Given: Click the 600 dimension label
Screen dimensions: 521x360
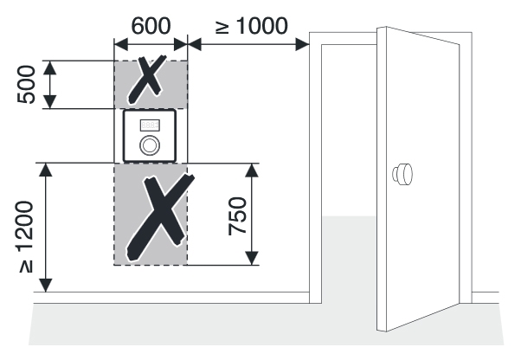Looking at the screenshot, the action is [151, 26].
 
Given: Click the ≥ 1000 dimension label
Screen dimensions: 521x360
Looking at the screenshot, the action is [252, 26].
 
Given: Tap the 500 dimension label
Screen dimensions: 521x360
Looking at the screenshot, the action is [26, 85].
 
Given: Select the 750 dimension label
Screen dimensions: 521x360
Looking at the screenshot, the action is [238, 216].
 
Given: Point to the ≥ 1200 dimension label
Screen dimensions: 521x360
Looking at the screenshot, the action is [26, 237].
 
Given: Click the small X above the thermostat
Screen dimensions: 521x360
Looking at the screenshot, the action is [147, 79].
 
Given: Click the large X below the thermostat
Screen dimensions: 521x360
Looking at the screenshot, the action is [160, 217].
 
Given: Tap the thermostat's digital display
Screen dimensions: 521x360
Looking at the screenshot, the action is [150, 125].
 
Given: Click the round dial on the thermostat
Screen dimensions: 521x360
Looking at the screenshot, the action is [150, 145].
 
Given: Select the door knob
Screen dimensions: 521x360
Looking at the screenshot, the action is [402, 174].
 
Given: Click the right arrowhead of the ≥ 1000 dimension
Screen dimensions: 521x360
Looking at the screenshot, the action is [302, 44].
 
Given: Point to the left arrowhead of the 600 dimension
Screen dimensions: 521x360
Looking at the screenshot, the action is [121, 44].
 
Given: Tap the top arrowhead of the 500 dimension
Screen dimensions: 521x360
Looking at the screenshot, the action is [50, 67].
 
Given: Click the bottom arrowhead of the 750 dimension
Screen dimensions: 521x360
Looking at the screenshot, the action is [252, 259].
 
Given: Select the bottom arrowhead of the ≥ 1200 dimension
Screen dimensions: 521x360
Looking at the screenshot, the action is [46, 286].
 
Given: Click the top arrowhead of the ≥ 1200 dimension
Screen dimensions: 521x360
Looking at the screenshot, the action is [46, 170].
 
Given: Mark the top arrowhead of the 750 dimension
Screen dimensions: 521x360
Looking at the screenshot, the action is [252, 170].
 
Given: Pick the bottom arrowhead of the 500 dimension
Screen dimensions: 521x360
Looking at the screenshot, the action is [50, 101].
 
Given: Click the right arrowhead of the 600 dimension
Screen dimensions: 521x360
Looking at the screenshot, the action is [181, 44].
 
